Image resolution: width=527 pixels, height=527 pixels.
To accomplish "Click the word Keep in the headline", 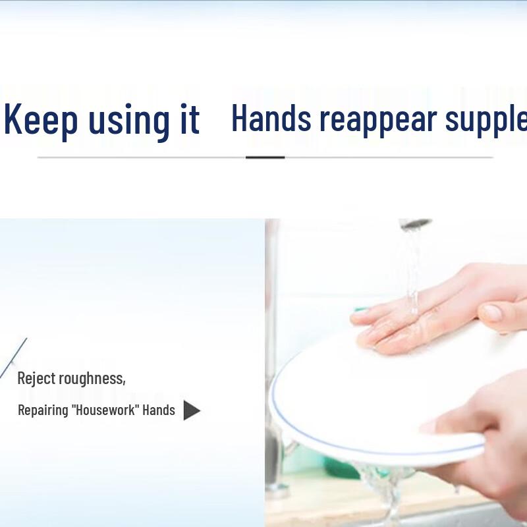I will point(41,120).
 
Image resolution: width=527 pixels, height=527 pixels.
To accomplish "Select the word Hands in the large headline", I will point(271,119).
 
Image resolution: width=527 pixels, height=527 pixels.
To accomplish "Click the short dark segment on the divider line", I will point(265,157).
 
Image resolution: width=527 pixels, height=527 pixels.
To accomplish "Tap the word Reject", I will point(36,379).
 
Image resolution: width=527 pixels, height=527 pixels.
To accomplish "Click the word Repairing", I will point(43,410).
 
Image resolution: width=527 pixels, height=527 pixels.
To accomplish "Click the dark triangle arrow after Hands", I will point(190,410).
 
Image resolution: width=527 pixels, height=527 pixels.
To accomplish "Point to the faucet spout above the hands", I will point(413,224).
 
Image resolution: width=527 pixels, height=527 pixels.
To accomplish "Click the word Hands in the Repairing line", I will point(159,410).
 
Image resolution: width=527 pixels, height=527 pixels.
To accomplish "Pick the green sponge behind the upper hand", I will point(361,308).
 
